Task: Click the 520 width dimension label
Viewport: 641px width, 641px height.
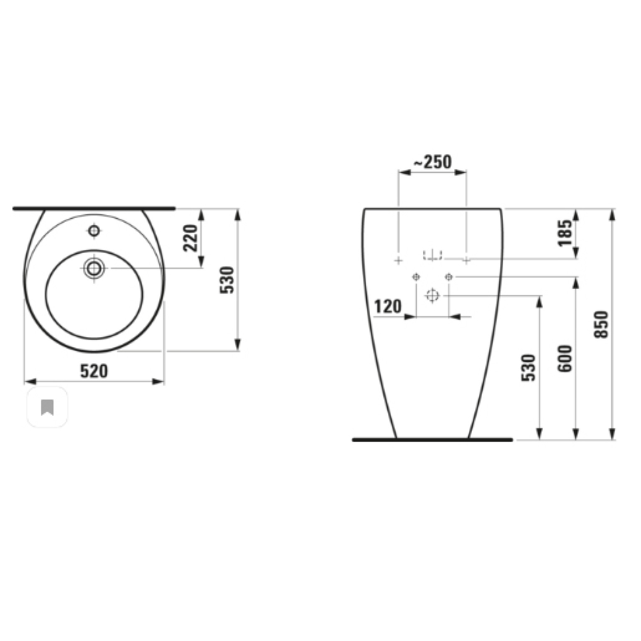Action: click(94, 371)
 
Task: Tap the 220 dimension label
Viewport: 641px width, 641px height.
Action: click(191, 238)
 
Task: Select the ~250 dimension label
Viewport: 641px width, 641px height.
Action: click(432, 161)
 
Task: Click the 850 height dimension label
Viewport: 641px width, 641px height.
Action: click(602, 324)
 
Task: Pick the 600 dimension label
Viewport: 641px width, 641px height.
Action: click(565, 359)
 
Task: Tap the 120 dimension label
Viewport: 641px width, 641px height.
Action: click(388, 307)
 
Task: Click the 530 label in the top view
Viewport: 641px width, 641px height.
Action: click(227, 280)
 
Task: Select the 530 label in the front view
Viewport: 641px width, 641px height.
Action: click(529, 368)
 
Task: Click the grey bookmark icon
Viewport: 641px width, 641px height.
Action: click(47, 407)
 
